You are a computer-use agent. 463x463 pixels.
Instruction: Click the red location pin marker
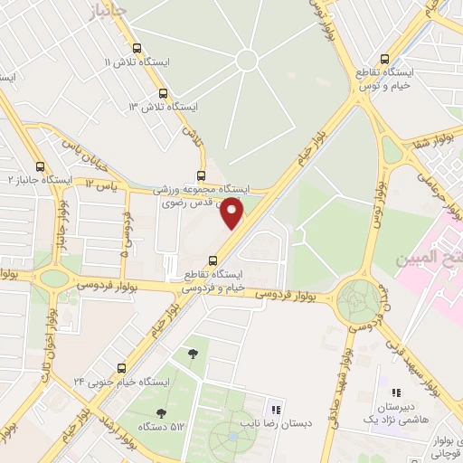(x=233, y=213)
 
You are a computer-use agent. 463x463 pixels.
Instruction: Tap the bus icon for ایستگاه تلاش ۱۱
(x=137, y=49)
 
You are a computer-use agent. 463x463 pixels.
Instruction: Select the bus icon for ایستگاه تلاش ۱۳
(x=163, y=92)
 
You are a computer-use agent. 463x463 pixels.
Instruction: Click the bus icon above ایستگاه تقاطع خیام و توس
(x=386, y=55)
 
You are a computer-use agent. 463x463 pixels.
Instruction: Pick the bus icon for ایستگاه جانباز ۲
(x=40, y=166)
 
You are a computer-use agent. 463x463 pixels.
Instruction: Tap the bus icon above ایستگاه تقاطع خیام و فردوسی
(x=213, y=258)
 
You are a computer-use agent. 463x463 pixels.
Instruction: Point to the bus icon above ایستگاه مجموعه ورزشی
(x=201, y=176)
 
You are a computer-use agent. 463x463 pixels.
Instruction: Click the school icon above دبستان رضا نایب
(x=276, y=409)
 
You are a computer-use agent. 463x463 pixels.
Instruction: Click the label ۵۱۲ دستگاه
(x=153, y=425)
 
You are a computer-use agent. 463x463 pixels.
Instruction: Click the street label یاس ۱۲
(x=102, y=186)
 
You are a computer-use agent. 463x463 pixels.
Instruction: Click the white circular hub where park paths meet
(x=246, y=61)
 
